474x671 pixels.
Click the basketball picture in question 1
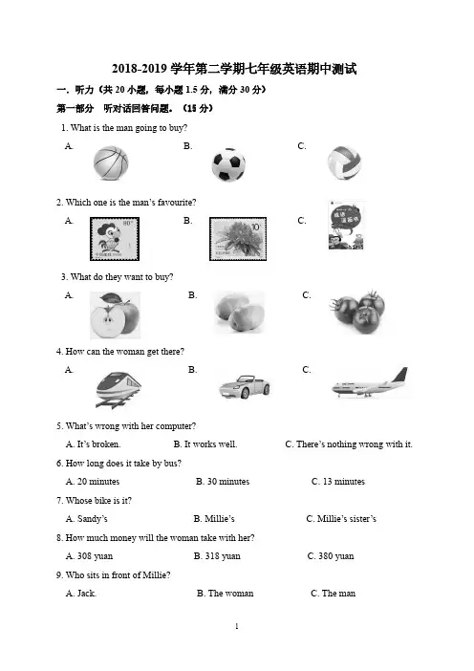point(111,163)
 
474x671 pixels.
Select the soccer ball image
point(228,165)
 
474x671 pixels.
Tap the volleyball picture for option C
point(344,163)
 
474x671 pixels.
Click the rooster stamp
point(115,239)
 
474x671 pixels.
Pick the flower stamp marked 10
point(238,239)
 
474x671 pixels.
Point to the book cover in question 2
point(346,225)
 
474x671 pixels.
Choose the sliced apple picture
point(115,315)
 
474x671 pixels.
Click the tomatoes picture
point(357,313)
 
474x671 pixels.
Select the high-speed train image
point(118,389)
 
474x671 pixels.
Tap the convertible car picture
point(245,387)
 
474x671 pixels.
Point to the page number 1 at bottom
point(237,626)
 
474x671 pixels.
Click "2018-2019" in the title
point(140,69)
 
